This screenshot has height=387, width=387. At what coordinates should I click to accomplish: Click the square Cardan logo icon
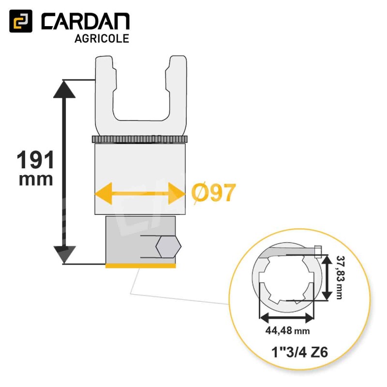[21, 21]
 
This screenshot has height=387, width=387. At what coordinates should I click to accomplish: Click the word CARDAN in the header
[86, 22]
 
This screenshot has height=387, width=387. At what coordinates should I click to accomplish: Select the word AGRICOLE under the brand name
[102, 39]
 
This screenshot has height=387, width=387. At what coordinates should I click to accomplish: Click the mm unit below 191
[36, 179]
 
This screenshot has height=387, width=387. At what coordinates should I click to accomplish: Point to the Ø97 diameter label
[213, 193]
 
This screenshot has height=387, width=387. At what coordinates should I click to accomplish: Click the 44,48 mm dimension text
[287, 330]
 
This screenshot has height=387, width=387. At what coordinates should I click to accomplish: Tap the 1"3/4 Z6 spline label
[299, 352]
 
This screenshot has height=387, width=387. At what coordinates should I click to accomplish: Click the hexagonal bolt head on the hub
[168, 247]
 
